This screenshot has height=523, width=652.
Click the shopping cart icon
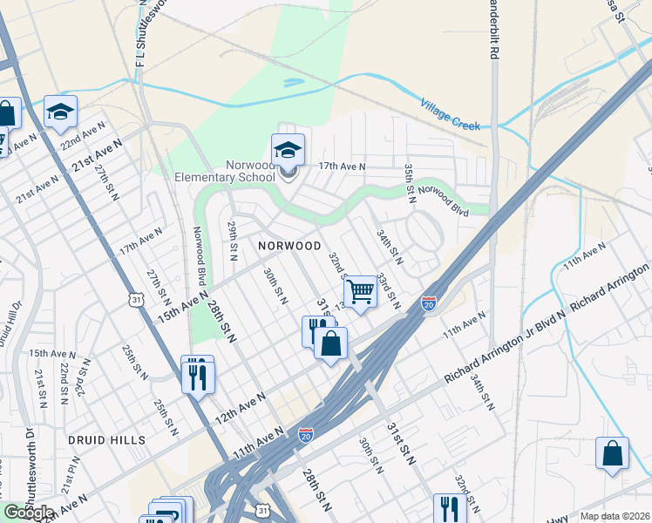coord(360,293)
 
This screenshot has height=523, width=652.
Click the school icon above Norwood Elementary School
coord(289,150)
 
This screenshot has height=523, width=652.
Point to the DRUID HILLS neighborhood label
coord(109,441)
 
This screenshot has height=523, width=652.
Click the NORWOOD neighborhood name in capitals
coord(290,247)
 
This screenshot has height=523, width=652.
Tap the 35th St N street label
coord(408,180)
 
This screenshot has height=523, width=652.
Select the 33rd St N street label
coord(388,291)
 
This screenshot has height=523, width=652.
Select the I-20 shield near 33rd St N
coord(428,303)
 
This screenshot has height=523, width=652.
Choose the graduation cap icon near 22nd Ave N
coord(61,112)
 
